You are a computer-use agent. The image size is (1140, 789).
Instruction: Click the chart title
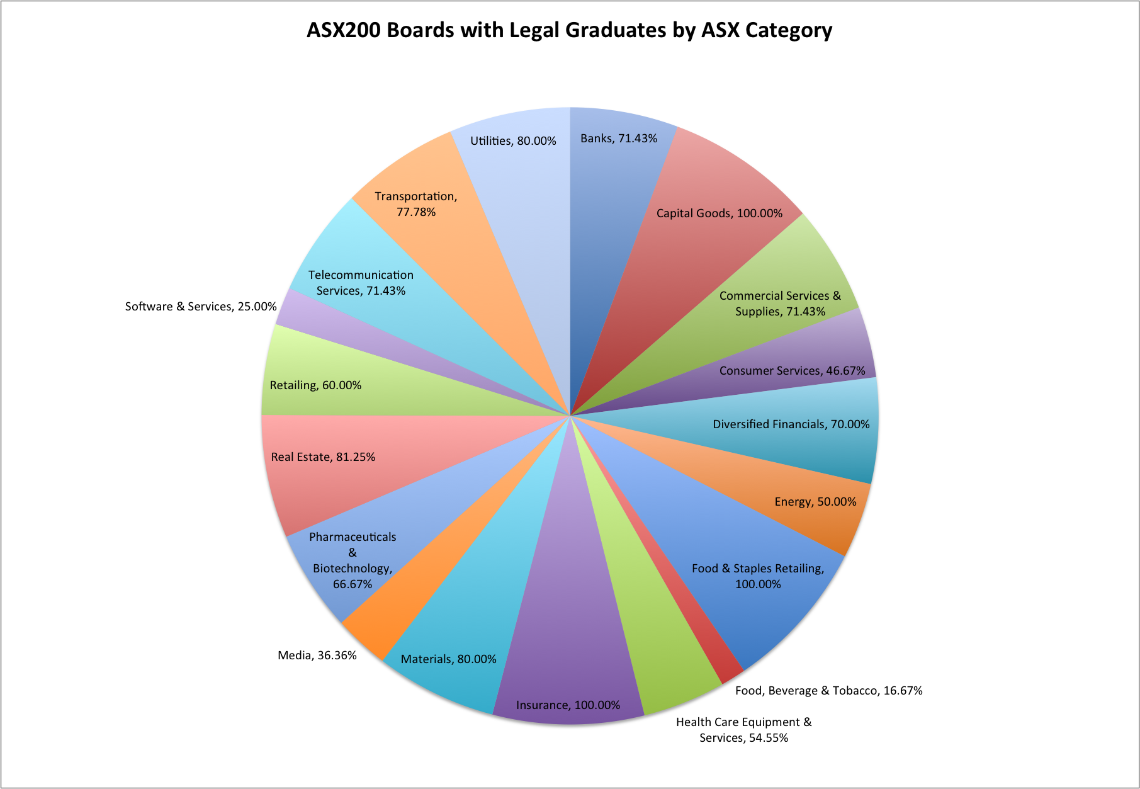(x=570, y=30)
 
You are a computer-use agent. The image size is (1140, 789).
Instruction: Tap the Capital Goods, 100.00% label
(x=720, y=213)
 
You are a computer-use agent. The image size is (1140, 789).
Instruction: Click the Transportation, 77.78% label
(x=416, y=204)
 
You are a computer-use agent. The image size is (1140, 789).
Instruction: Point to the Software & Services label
(x=201, y=307)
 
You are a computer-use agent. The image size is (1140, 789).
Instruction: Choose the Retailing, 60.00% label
(x=316, y=385)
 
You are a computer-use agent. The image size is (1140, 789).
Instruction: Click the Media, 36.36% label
(x=317, y=656)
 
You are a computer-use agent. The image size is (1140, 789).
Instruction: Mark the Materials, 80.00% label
(x=449, y=659)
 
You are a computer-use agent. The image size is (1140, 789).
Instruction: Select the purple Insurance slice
(x=567, y=630)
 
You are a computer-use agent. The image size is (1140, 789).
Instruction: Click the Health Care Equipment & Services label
(x=744, y=730)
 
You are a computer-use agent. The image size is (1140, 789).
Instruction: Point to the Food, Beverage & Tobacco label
(x=829, y=691)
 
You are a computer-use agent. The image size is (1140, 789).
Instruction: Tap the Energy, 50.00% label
(x=816, y=502)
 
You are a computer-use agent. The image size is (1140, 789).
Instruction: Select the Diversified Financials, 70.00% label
(x=791, y=424)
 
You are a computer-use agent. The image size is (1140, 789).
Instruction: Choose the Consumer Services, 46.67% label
(x=793, y=371)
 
